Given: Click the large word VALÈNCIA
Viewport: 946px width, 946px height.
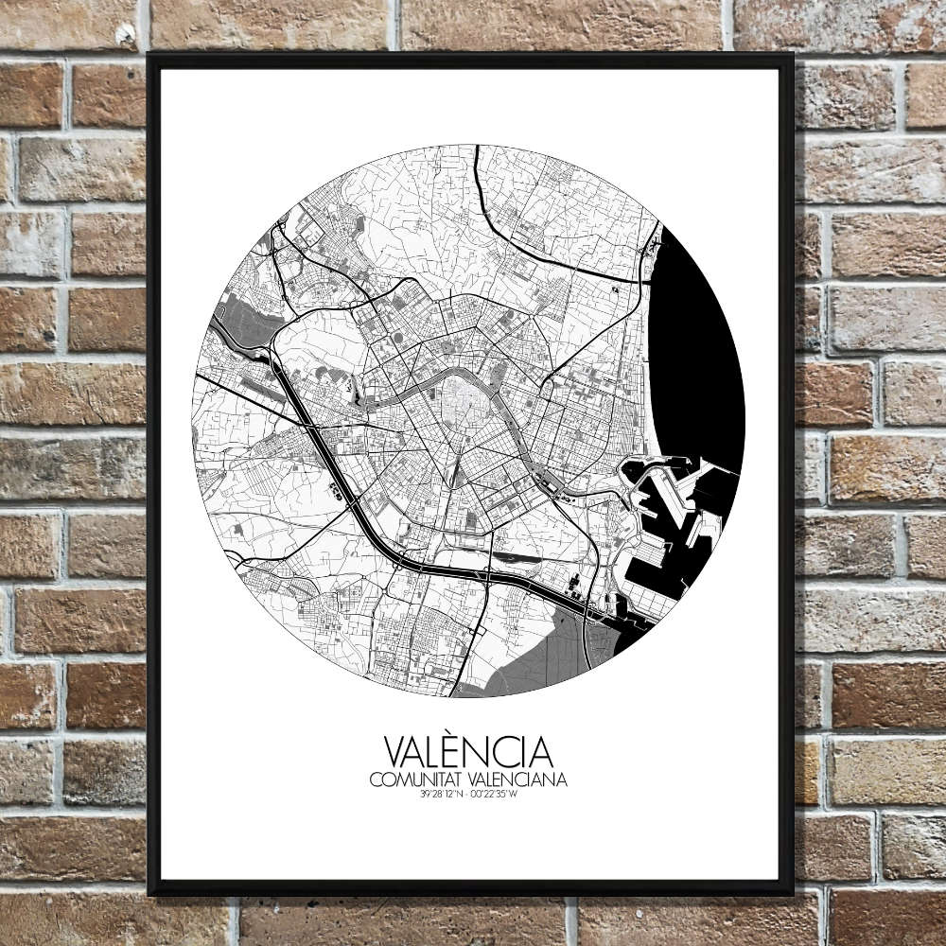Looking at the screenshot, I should (x=468, y=752).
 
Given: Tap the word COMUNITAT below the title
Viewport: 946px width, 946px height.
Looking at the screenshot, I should (x=412, y=780).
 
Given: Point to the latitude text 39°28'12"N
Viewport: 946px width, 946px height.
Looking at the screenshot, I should (x=444, y=795).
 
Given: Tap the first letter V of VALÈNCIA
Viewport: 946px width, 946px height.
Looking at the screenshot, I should (x=396, y=752).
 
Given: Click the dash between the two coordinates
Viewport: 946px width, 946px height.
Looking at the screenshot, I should (x=468, y=795).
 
